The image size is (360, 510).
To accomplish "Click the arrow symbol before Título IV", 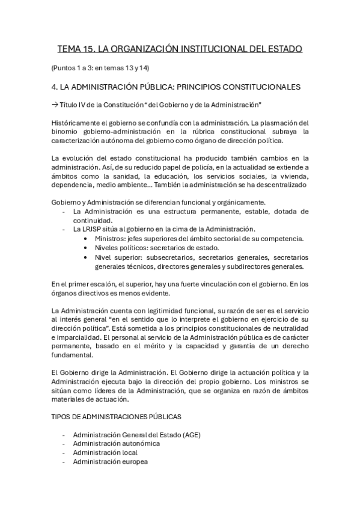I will click(x=55, y=105).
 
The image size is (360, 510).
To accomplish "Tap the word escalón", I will click(x=98, y=284).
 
